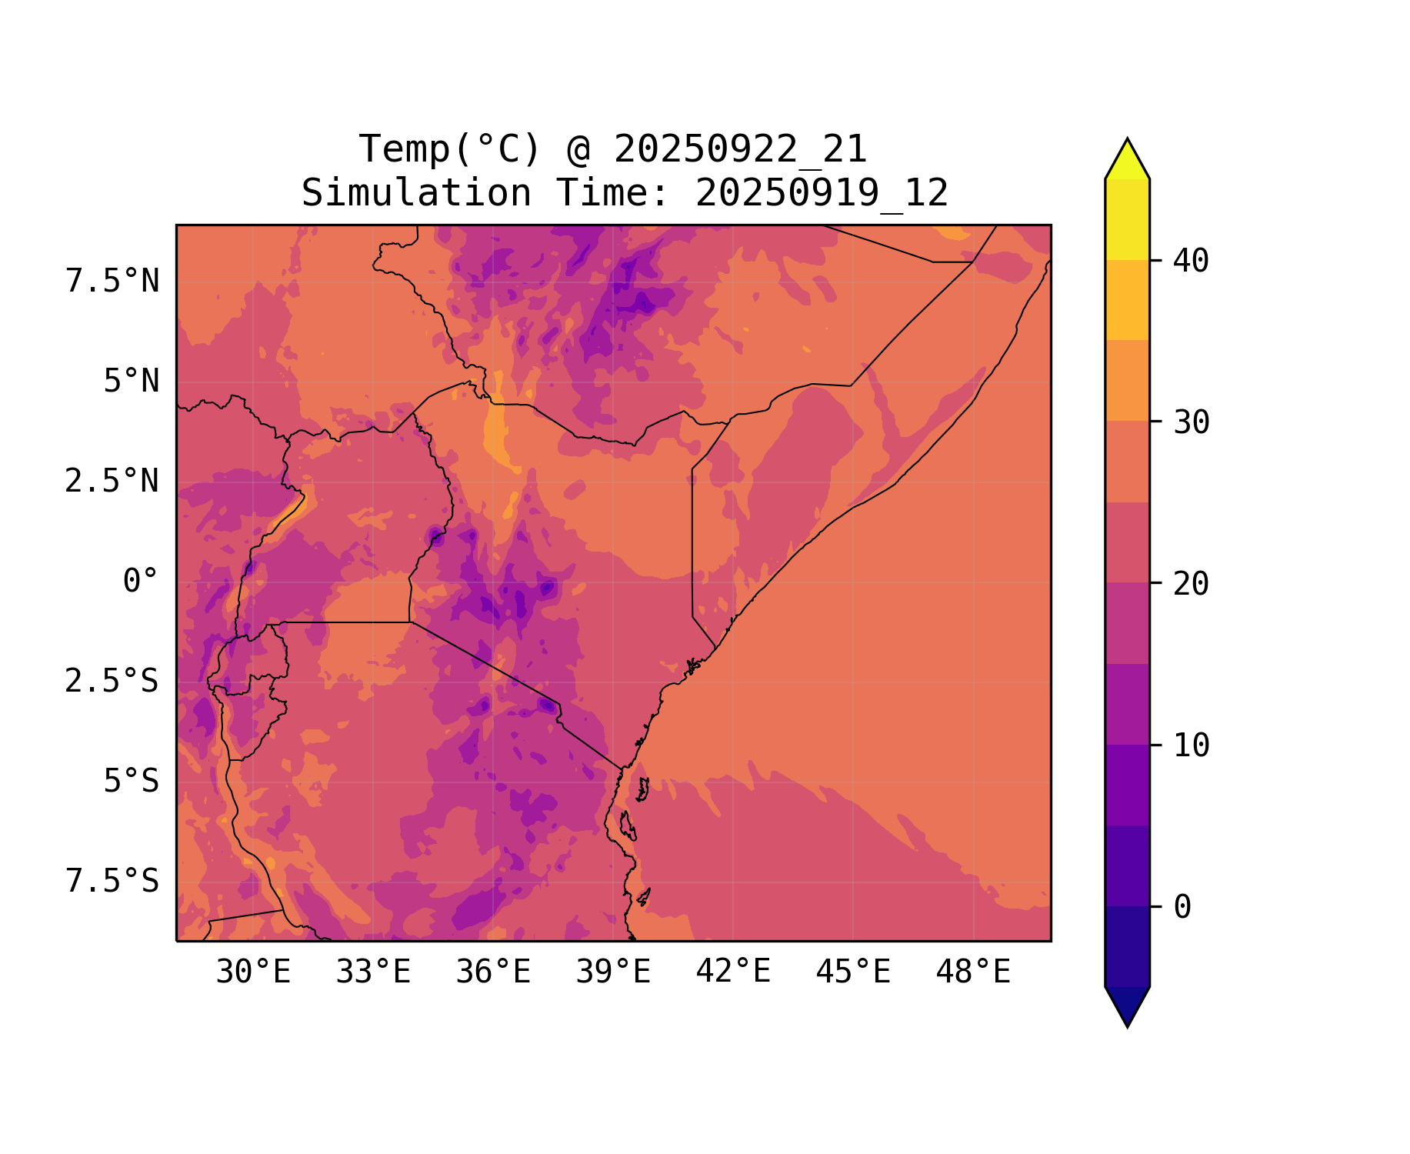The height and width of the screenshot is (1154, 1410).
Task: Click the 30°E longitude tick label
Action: [253, 972]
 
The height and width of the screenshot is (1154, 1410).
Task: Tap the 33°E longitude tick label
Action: [373, 972]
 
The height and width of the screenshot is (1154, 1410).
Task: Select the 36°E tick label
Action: [493, 972]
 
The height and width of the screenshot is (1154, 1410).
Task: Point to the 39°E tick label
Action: [613, 972]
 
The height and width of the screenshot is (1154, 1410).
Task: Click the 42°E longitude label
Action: [733, 972]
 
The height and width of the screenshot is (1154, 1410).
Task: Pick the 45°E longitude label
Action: [853, 972]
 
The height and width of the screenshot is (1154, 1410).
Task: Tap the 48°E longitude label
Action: [973, 972]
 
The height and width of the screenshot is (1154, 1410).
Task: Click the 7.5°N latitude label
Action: [112, 282]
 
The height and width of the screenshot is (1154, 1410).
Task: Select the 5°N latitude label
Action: [132, 382]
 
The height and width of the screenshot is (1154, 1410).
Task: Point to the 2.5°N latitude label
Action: [112, 482]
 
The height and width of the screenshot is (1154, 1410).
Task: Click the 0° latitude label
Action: [141, 581]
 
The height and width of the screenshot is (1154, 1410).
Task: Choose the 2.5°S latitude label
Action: [112, 682]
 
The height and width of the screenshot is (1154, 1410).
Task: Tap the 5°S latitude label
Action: [132, 782]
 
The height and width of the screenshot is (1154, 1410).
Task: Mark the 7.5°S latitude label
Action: [112, 882]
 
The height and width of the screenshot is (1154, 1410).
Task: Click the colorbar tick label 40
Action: [1191, 261]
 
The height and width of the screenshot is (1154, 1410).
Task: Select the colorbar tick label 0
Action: [1182, 907]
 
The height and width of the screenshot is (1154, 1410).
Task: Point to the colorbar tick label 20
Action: [1191, 584]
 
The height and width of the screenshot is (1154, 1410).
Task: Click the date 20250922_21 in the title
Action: [740, 149]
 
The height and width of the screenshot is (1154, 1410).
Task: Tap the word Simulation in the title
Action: [416, 193]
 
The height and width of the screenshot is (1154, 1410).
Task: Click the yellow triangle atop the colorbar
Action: [1127, 160]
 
